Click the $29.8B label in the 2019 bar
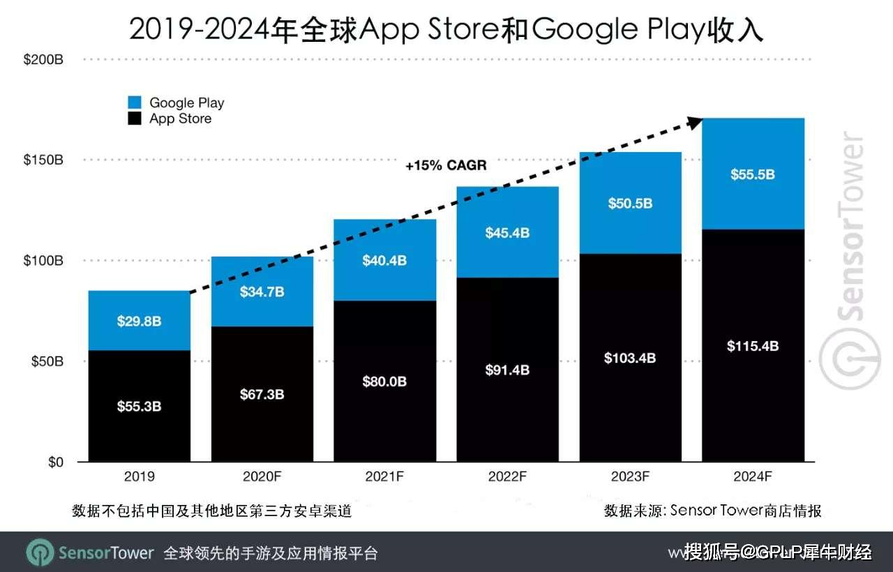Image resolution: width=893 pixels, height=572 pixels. pyautogui.click(x=139, y=321)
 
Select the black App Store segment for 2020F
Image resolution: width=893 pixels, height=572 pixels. pyautogui.click(x=262, y=419)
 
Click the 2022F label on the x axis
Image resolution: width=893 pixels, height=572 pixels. pyautogui.click(x=507, y=477)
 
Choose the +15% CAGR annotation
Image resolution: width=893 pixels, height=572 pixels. pyautogui.click(x=446, y=166)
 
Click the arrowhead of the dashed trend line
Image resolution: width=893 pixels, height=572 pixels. pyautogui.click(x=693, y=122)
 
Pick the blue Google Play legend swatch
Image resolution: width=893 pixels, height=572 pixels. pyautogui.click(x=135, y=103)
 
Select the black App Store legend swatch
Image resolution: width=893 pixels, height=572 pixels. pyautogui.click(x=135, y=119)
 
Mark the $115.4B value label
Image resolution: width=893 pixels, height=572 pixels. pyautogui.click(x=753, y=346)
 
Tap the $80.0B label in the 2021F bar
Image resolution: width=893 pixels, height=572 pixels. pyautogui.click(x=384, y=382)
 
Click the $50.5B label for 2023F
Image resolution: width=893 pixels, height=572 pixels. pyautogui.click(x=630, y=203)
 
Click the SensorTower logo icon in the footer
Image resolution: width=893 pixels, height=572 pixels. pyautogui.click(x=40, y=552)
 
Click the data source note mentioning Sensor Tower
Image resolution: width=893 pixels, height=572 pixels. pyautogui.click(x=712, y=511)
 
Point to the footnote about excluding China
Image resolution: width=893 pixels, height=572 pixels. pyautogui.click(x=211, y=511)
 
